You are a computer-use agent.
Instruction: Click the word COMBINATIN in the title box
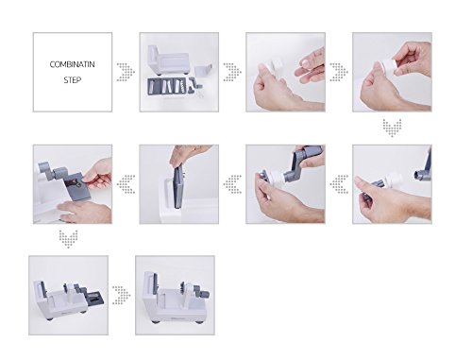pos(72,64)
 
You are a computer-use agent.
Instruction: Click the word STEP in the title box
pos(73,80)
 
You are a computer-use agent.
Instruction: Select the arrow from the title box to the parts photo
pos(126,72)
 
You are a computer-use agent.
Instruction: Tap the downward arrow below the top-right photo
pos(392,128)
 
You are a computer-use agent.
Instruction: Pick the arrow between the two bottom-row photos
pos(122,295)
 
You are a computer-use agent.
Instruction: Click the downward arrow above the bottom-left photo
pos(68,239)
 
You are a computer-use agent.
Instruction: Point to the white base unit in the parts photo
pos(168,60)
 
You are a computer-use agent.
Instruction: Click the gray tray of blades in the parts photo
pos(167,87)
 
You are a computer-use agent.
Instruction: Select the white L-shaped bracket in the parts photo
pos(203,70)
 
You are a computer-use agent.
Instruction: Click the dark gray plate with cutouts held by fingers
pos(77,186)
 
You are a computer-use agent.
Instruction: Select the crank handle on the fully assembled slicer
pos(201,291)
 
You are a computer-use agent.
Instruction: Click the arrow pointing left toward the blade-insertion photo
pos(232,184)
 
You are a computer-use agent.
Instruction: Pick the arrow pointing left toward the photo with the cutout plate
pos(126,184)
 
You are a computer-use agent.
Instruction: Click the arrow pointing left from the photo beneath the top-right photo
pos(339,184)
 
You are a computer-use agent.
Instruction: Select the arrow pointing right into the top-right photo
pos(339,72)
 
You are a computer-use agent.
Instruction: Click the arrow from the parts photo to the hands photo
pos(232,72)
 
